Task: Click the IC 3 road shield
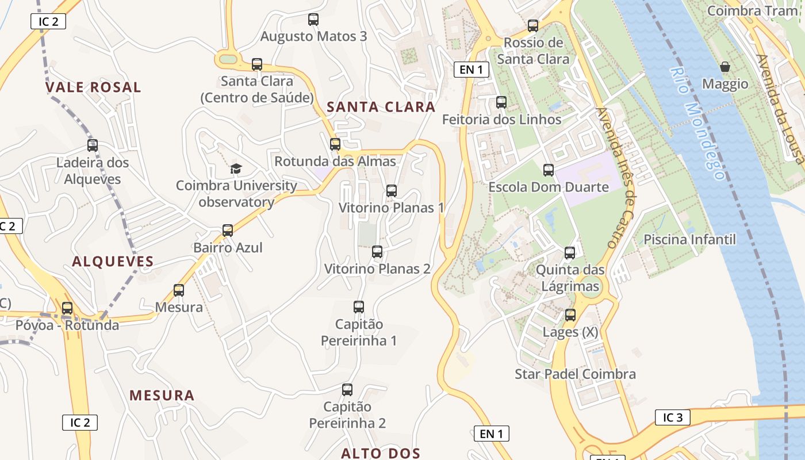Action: pyautogui.click(x=672, y=417)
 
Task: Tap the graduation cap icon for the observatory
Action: pyautogui.click(x=236, y=168)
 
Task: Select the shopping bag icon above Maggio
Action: pyautogui.click(x=725, y=67)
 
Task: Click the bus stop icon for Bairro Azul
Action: pyautogui.click(x=228, y=231)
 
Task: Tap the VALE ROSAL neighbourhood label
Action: pyautogui.click(x=93, y=87)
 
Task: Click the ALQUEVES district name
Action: pyautogui.click(x=113, y=262)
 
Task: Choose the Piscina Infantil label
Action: pyautogui.click(x=689, y=239)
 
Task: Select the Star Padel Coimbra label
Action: pyautogui.click(x=575, y=374)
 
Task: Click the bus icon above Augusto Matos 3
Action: pyautogui.click(x=313, y=20)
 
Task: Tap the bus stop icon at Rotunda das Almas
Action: pyautogui.click(x=335, y=144)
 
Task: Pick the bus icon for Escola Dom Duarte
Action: pyautogui.click(x=549, y=170)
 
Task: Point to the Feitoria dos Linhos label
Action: pyautogui.click(x=501, y=120)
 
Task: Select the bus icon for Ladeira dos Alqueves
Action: pyautogui.click(x=93, y=145)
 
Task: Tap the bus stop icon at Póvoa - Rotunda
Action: pyautogui.click(x=67, y=308)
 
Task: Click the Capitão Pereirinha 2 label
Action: pyautogui.click(x=347, y=415)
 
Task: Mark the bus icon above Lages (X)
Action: pyautogui.click(x=570, y=315)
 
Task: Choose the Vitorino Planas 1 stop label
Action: pyautogui.click(x=391, y=208)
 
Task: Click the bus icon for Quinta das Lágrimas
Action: pyautogui.click(x=570, y=253)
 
